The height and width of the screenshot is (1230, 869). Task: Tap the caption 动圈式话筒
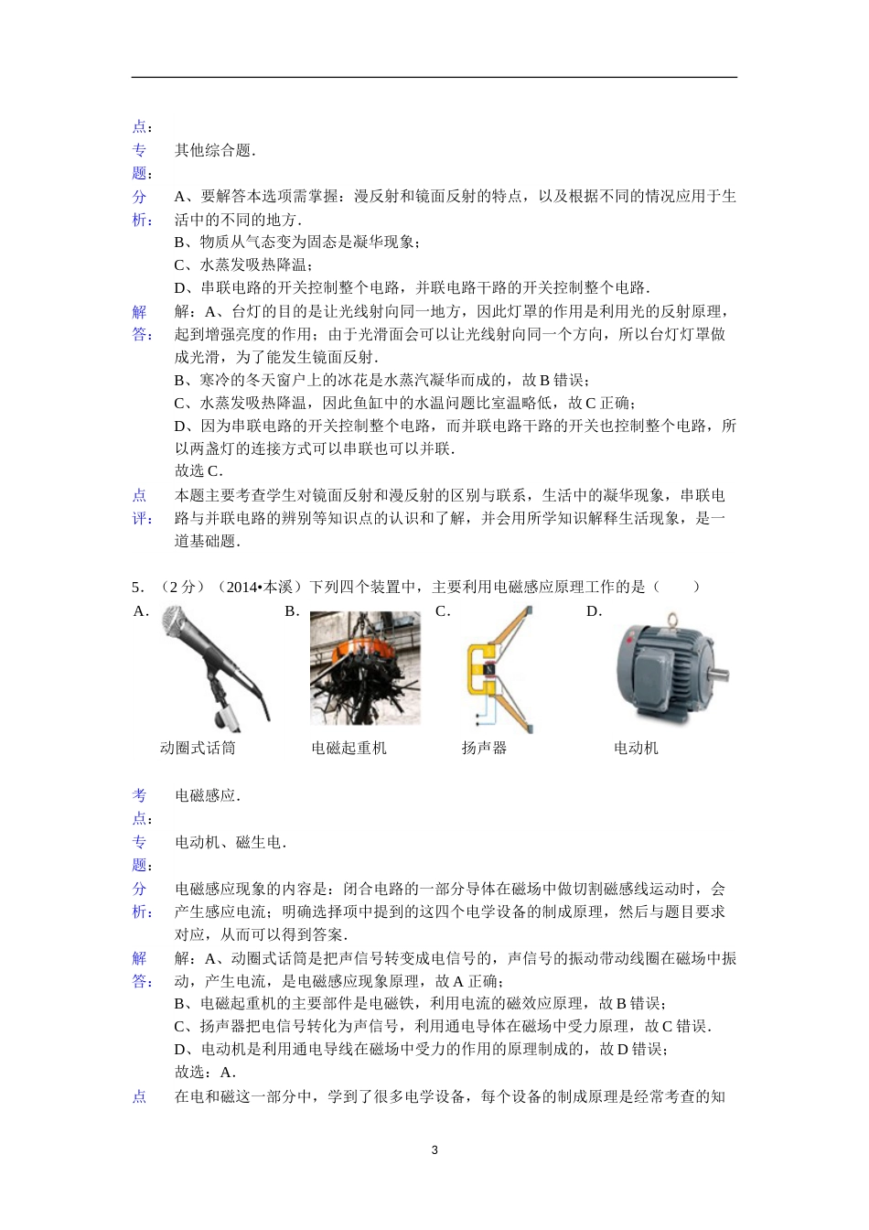[198, 748]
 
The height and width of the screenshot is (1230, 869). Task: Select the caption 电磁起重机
[349, 748]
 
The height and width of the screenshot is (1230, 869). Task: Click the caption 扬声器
[484, 748]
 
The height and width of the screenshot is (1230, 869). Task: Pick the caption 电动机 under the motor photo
[636, 748]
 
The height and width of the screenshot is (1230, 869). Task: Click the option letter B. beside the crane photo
[292, 611]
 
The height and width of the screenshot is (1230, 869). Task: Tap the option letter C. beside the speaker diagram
[443, 611]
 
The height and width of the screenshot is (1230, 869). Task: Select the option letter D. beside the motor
[594, 611]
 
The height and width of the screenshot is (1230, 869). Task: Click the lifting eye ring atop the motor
[670, 620]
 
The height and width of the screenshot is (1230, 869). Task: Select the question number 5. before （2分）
[137, 587]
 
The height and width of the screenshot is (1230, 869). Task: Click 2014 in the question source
[241, 587]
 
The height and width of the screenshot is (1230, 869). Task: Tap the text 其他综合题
[215, 150]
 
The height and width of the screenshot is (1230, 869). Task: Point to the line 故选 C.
[198, 470]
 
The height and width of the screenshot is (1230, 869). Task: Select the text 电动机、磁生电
[230, 842]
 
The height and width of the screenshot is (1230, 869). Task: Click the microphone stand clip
[228, 717]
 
